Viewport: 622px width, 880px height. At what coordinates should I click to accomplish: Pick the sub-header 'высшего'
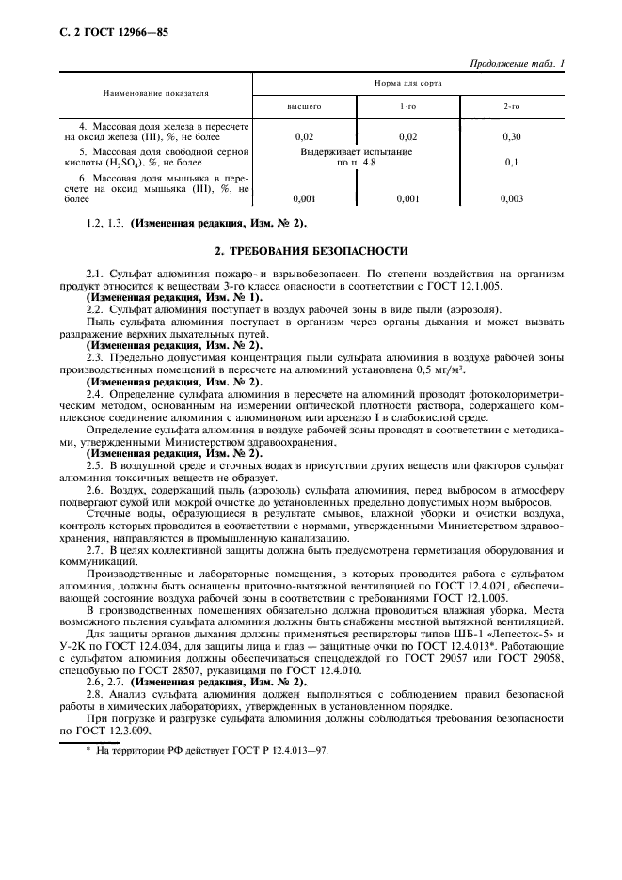point(304,107)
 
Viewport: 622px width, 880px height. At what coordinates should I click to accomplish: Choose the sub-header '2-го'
point(512,107)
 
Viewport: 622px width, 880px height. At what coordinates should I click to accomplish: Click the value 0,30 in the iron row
point(512,136)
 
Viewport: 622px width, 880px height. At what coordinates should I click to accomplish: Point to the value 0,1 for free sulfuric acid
point(512,163)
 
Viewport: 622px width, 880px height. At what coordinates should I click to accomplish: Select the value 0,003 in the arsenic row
point(512,198)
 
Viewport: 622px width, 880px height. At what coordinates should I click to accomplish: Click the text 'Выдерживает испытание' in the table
point(356,151)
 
